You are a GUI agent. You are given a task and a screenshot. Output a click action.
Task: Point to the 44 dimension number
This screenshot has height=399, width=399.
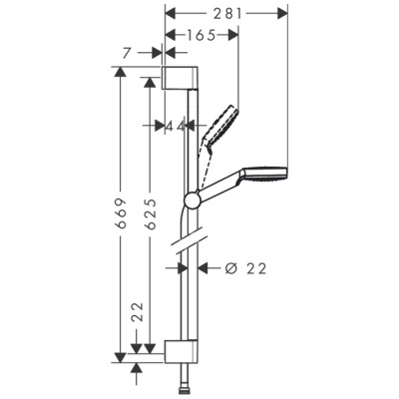coord(176,125)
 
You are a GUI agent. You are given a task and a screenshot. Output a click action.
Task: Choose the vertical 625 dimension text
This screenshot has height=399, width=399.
coord(149,211)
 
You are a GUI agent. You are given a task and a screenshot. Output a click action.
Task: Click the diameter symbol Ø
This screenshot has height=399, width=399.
coord(228,267)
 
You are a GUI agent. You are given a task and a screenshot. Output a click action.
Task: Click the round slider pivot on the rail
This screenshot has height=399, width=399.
coord(191,199)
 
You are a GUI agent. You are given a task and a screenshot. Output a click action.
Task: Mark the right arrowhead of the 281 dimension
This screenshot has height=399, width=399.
coord(283,13)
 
